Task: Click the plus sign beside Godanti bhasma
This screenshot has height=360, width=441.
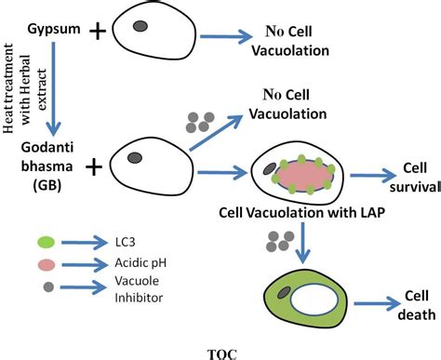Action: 95,167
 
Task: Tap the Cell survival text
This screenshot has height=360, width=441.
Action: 414,177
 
